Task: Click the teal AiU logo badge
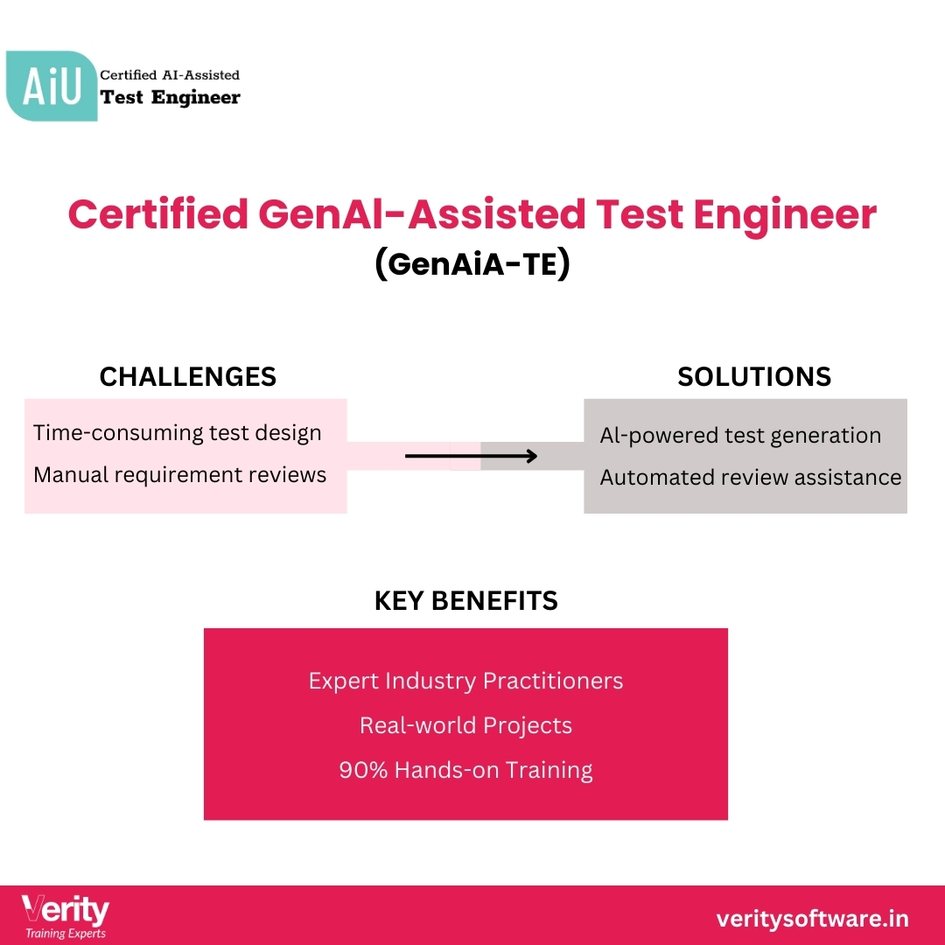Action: (x=51, y=86)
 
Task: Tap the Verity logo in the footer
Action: (x=66, y=911)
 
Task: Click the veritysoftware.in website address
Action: (x=812, y=919)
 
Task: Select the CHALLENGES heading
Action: (x=187, y=376)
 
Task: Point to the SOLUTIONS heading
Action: (x=753, y=376)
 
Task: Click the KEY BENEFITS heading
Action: (x=465, y=600)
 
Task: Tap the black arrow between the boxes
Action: (x=471, y=456)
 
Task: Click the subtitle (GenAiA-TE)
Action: (x=472, y=263)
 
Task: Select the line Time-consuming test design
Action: (x=177, y=432)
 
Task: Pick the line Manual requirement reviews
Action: (x=179, y=474)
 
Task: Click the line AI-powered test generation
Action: (x=740, y=435)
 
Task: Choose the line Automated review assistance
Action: (x=750, y=477)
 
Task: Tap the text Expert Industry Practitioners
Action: (x=465, y=681)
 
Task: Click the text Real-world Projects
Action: (x=465, y=725)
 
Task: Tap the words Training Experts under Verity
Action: (x=66, y=934)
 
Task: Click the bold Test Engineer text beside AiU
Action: (x=170, y=97)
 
